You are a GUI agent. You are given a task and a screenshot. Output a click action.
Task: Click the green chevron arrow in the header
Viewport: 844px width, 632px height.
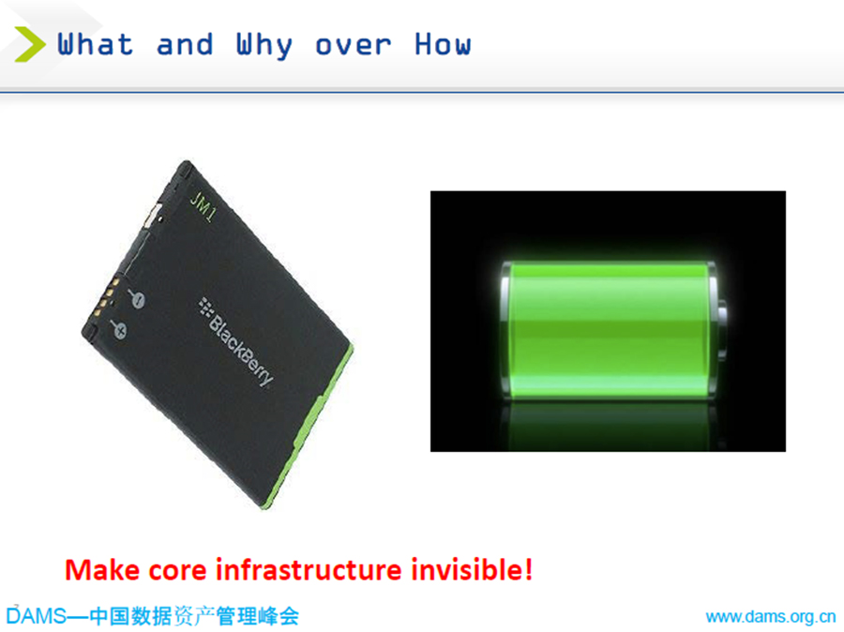31,44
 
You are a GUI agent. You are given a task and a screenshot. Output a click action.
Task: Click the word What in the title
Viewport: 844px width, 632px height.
96,44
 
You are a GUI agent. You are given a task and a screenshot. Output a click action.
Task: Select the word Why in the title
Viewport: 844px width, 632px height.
264,46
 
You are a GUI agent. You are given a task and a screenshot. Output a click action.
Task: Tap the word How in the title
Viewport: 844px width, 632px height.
443,44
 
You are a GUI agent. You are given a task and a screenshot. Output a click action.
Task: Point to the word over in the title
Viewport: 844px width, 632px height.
354,46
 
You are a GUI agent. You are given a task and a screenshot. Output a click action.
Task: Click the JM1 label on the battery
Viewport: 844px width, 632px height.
203,206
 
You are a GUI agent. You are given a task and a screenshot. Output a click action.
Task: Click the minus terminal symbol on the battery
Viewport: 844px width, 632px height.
137,298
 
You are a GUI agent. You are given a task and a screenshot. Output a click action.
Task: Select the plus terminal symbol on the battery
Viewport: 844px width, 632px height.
118,328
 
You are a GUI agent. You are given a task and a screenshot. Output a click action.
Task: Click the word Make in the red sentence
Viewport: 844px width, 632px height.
102,569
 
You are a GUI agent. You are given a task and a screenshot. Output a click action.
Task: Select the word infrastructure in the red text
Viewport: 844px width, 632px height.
309,569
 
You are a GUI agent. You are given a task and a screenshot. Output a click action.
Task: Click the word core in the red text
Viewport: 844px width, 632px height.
177,572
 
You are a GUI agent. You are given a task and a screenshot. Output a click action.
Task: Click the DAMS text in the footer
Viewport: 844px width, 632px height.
36,616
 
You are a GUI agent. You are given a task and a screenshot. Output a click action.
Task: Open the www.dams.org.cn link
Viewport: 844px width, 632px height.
771,617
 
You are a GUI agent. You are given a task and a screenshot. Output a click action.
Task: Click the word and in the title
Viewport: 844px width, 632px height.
185,45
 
